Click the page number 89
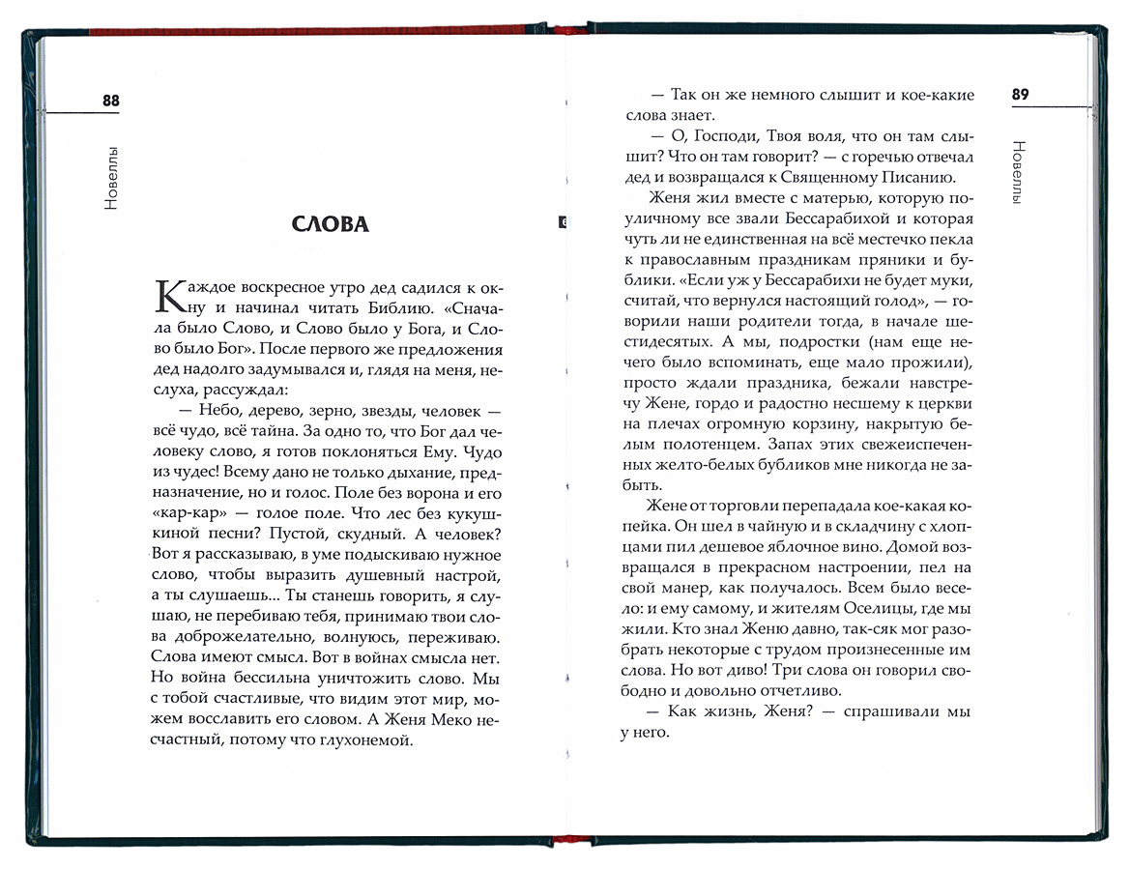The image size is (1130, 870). (x=1021, y=95)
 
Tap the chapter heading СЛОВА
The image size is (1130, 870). (x=331, y=224)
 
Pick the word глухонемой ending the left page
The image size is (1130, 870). (x=362, y=741)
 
